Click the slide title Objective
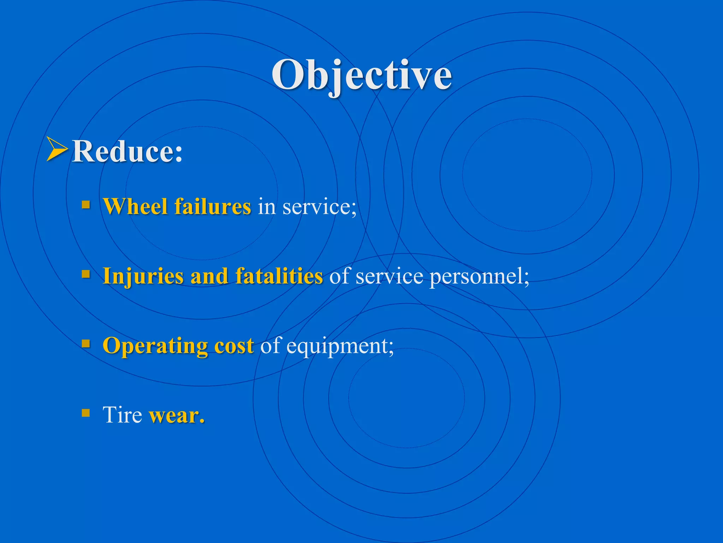point(361,75)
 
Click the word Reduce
point(127,151)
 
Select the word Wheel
point(135,206)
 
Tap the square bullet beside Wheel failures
point(86,205)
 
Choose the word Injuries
point(143,276)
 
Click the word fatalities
point(279,276)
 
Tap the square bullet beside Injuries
point(86,274)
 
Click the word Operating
point(155,346)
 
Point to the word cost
point(234,345)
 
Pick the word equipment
point(340,346)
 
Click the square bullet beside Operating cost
point(86,343)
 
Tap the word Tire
point(122,414)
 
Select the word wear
point(177,415)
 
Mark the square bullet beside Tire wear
point(86,413)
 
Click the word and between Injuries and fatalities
point(209,276)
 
